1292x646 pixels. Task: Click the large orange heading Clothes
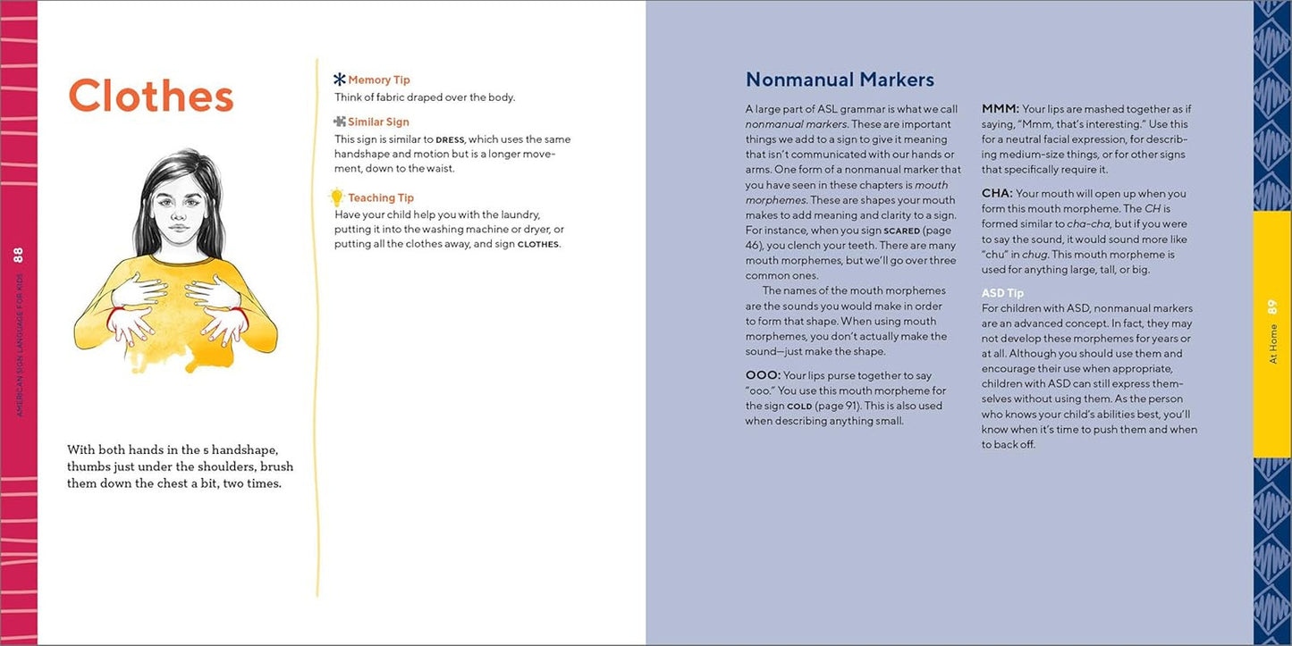(150, 96)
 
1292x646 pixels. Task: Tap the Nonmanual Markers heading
(840, 80)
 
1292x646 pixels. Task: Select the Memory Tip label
(379, 80)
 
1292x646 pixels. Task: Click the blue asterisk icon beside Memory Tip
(340, 80)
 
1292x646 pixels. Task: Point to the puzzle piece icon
(340, 122)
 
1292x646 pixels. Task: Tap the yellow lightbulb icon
(337, 197)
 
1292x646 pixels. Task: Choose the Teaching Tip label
(381, 197)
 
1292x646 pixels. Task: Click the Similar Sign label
(378, 122)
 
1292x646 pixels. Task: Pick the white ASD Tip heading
(1002, 293)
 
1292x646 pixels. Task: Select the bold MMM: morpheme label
(1000, 109)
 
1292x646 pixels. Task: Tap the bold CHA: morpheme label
(997, 193)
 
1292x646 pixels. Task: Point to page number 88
(19, 255)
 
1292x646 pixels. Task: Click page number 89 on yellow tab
(1273, 306)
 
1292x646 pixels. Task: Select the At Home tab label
(1273, 344)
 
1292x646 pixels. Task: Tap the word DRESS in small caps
(450, 140)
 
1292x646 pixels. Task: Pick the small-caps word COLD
(798, 407)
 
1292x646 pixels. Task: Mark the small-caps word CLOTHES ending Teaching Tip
(537, 244)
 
